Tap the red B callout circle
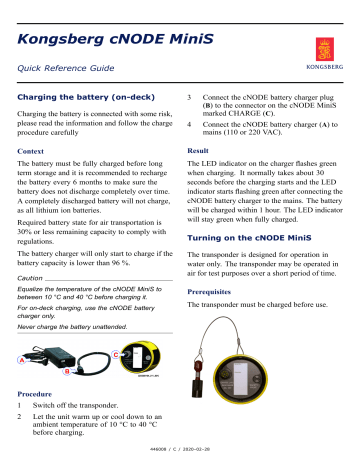pyautogui.click(x=67, y=372)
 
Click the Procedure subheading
pyautogui.click(x=42, y=394)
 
